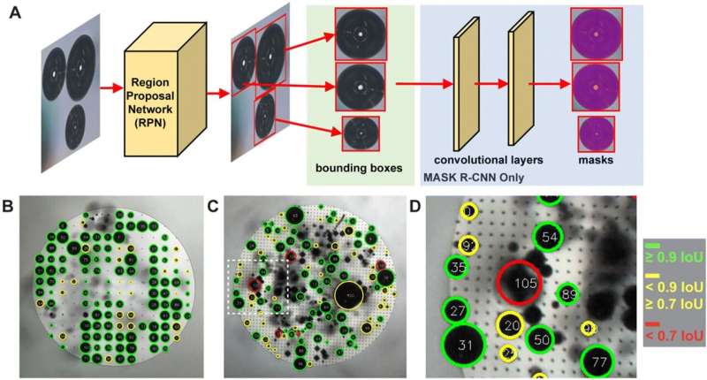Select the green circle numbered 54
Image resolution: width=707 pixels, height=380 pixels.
coord(550,237)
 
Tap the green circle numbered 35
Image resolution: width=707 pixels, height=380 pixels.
coord(458,266)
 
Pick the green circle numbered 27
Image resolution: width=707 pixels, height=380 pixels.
coord(457,311)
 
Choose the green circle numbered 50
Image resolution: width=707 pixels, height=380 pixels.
coord(543,339)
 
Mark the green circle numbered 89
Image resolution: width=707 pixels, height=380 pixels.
coord(569,294)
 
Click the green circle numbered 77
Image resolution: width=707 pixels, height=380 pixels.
coord(600,361)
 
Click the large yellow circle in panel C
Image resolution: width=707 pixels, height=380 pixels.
coord(350,294)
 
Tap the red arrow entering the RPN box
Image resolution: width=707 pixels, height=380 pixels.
coord(110,88)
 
